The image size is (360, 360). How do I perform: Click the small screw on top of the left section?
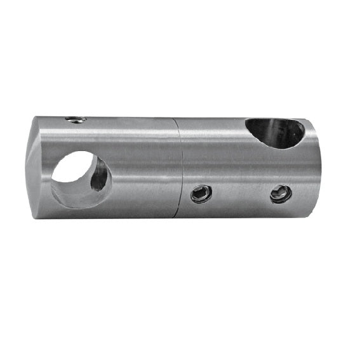(x=76, y=119)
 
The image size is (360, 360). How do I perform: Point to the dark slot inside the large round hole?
(x=100, y=176)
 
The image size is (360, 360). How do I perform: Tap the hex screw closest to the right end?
(x=280, y=193)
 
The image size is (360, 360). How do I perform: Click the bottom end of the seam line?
(x=180, y=217)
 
